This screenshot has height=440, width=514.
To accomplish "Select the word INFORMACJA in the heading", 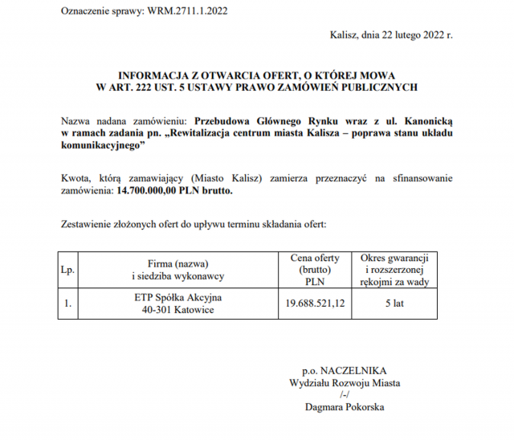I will [149, 72].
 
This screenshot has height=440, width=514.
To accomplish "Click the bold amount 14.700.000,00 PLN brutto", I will [176, 192].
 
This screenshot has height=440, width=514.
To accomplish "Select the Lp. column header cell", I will [67, 270].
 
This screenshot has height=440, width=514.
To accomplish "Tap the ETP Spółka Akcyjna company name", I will [177, 298].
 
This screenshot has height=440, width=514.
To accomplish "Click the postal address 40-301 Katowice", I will [177, 311].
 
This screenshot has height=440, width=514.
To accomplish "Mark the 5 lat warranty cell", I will [394, 304].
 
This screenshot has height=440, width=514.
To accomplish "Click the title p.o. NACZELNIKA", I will [345, 371].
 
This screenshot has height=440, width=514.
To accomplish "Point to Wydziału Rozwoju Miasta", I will [345, 383].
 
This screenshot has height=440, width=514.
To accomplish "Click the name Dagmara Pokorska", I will [345, 407].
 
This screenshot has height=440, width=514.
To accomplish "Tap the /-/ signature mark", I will [345, 395].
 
